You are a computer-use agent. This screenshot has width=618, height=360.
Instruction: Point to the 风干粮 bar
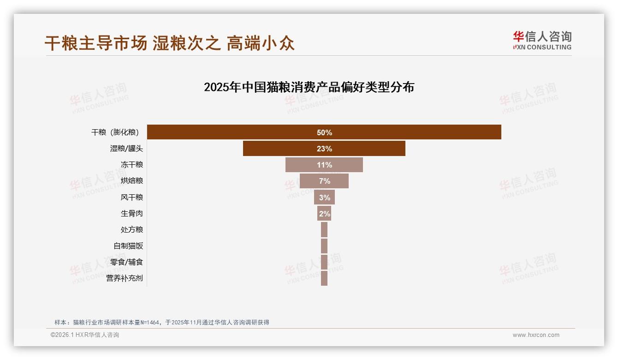[318, 197]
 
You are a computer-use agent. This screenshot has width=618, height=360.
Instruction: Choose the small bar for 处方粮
[324, 229]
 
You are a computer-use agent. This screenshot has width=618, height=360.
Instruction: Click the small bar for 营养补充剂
[324, 278]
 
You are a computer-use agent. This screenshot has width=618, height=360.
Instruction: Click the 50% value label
[324, 132]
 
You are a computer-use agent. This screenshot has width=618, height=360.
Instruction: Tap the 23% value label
[324, 149]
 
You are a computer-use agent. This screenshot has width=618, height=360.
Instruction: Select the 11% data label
[324, 165]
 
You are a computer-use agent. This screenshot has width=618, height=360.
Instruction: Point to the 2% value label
[324, 214]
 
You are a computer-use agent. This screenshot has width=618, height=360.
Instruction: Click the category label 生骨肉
[132, 214]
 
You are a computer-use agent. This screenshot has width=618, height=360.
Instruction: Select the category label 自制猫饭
[128, 246]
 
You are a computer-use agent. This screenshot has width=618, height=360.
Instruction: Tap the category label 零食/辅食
[126, 262]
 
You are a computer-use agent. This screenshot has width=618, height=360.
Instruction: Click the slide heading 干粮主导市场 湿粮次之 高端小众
[170, 43]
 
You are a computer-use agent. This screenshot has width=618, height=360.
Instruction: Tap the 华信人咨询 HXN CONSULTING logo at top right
[542, 41]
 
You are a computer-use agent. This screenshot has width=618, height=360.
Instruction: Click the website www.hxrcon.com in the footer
[536, 335]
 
